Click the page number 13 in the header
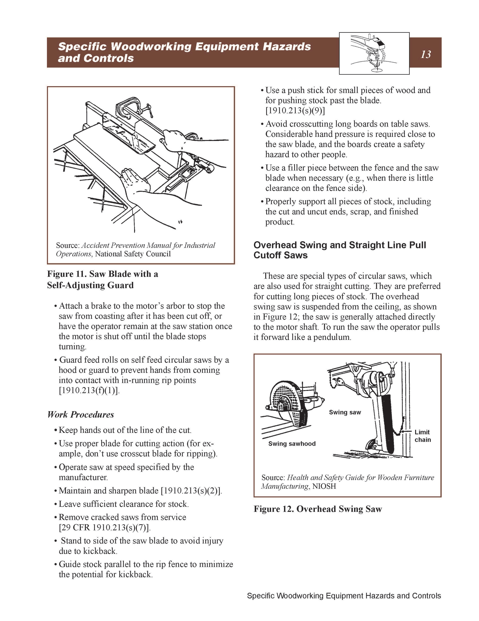point(426,54)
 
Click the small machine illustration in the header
point(374,53)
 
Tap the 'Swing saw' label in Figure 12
point(345,412)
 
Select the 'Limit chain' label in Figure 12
point(423,436)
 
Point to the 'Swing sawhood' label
point(292,444)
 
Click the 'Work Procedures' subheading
point(81,415)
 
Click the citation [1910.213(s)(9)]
point(295,111)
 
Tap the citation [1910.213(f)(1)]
point(89,390)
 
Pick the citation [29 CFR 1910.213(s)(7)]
point(105,528)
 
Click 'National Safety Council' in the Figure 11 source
point(133,254)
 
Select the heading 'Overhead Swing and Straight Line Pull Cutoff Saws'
point(340,250)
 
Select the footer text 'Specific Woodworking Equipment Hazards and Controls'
point(344,596)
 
